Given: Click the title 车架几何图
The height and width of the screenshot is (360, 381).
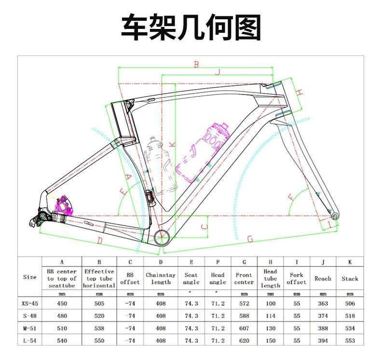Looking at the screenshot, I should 190,27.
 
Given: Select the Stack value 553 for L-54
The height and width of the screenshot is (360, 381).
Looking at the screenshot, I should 350,341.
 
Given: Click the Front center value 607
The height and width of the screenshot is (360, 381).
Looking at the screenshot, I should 244,328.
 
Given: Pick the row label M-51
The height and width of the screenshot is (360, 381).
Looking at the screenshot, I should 29,328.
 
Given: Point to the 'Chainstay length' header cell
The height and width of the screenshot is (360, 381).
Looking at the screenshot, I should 161,279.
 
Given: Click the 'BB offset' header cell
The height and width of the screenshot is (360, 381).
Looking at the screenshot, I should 130,279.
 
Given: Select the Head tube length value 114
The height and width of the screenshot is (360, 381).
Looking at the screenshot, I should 271,316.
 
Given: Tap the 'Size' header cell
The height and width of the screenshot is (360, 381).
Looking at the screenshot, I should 29,278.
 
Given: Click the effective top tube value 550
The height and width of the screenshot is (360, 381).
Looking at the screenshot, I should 99,341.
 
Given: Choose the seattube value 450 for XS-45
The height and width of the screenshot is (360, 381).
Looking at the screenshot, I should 62,304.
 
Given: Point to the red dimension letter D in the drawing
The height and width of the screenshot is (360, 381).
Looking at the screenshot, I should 100,240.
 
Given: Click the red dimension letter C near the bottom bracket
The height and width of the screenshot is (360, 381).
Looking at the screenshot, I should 204,227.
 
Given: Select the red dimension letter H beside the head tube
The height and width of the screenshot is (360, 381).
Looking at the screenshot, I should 299,92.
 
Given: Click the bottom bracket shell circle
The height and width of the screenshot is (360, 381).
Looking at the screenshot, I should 162,238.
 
